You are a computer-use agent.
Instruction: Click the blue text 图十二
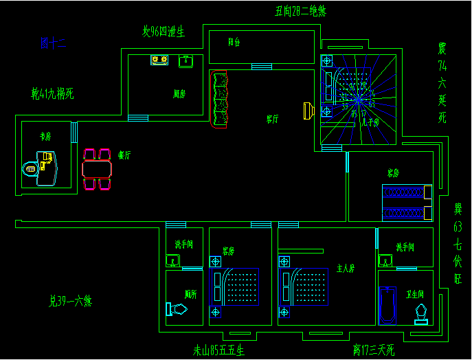[x=52, y=44]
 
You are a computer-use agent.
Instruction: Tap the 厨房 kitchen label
[x=179, y=94]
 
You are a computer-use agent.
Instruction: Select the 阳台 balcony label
[x=234, y=42]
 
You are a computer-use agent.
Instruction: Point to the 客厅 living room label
[x=273, y=119]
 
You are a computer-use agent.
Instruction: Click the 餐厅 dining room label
[x=124, y=155]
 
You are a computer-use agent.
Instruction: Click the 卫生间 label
[x=414, y=293]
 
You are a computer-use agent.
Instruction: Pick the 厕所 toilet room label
[x=191, y=293]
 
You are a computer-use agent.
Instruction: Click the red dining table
[x=97, y=169]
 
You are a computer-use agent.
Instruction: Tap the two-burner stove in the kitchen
[x=159, y=60]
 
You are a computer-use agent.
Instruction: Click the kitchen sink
[x=186, y=61]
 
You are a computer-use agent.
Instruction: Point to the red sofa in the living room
[x=219, y=100]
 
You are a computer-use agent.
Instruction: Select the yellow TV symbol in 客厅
[x=308, y=111]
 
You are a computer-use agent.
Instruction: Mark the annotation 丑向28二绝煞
[x=300, y=11]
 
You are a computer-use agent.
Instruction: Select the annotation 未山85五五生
[x=218, y=350]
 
